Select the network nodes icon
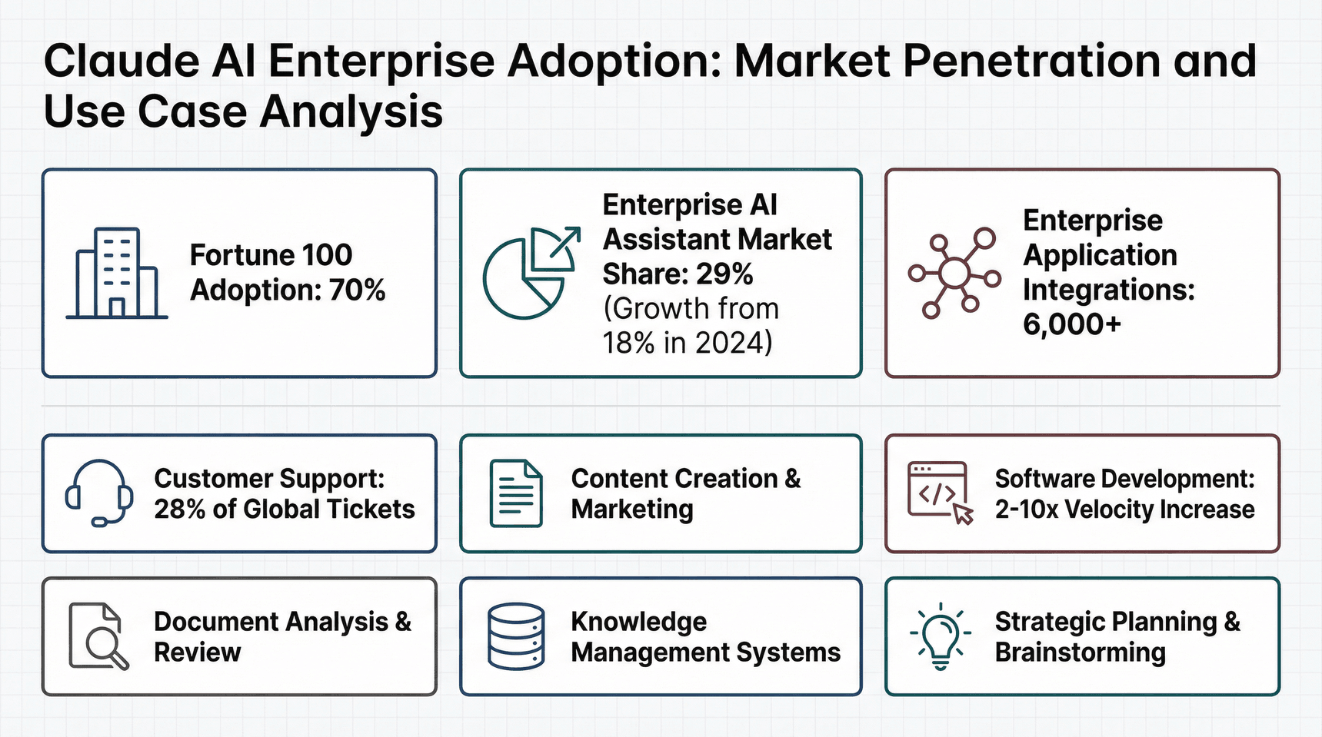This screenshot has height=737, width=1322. click(954, 273)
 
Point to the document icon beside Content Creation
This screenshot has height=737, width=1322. click(516, 493)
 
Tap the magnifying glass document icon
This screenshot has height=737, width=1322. click(98, 636)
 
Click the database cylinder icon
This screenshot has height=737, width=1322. click(516, 636)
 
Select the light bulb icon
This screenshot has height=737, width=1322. click(940, 636)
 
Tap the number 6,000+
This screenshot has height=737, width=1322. click(1071, 324)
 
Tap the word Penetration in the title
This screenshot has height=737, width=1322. click(1031, 61)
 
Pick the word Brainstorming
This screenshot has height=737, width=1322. click(1080, 652)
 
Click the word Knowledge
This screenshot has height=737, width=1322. click(638, 621)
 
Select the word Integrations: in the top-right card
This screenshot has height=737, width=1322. click(1108, 290)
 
